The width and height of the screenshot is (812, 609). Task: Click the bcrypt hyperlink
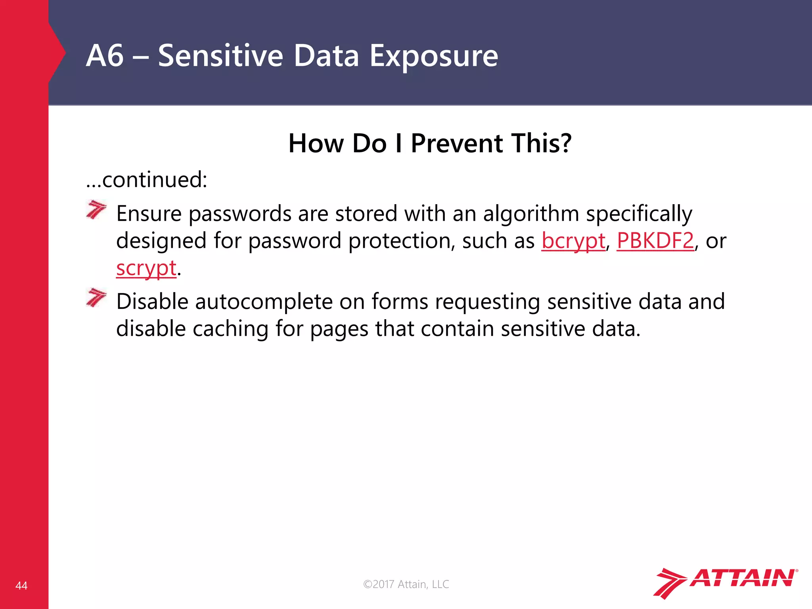point(573,241)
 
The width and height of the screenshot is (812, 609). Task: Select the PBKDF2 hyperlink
point(655,240)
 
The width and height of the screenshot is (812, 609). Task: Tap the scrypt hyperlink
point(146,268)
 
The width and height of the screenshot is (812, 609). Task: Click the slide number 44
point(21,586)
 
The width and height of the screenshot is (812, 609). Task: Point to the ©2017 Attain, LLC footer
point(406,584)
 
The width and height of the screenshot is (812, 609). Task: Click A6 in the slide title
point(105,56)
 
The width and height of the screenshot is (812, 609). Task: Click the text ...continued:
point(147,180)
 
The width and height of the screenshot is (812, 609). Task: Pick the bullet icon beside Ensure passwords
point(96,210)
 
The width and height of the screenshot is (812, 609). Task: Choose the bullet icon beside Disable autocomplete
point(96,298)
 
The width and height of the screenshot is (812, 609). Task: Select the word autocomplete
point(264,302)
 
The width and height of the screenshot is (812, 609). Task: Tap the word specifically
point(639,214)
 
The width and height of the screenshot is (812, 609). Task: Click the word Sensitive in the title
point(220,56)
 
